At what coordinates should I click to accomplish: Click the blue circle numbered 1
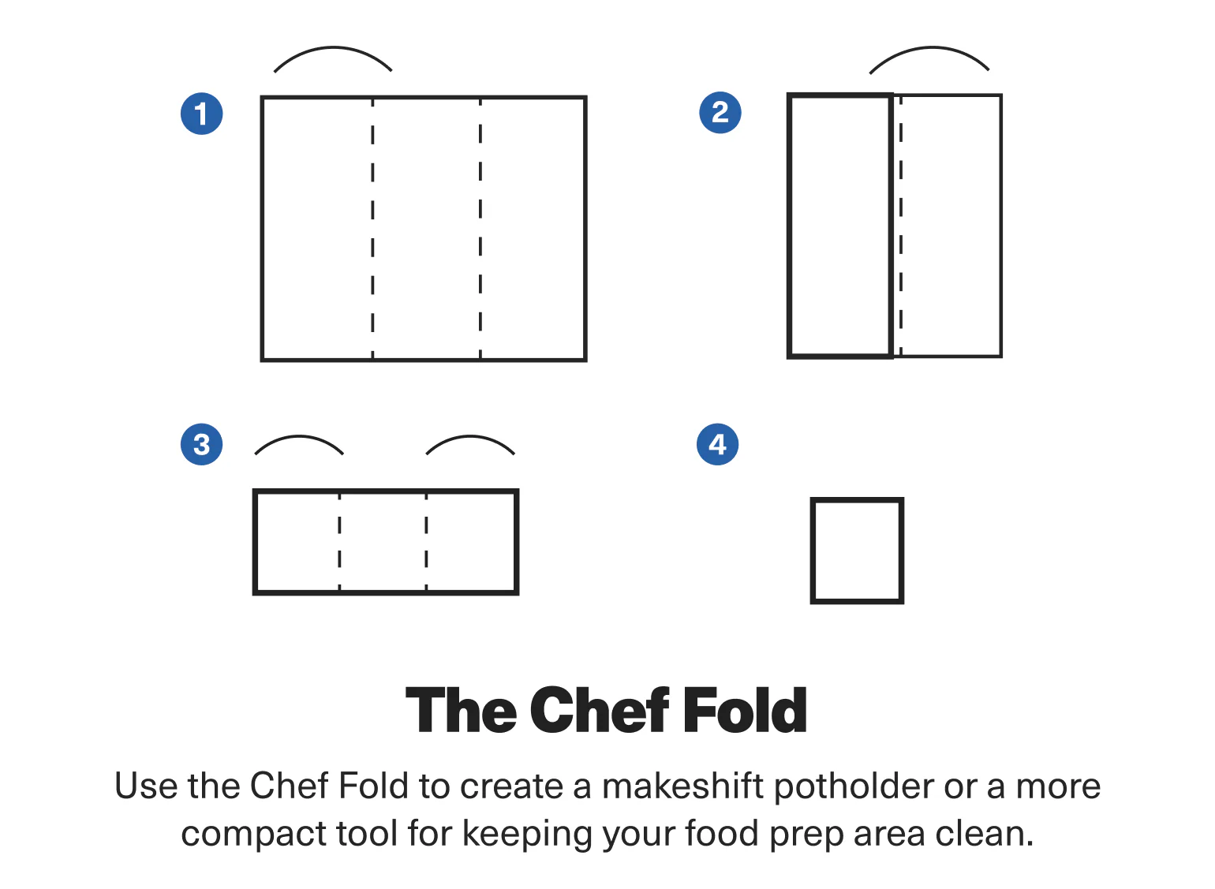(x=202, y=114)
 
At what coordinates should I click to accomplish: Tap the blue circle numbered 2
(x=720, y=112)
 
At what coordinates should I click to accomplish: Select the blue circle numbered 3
(x=202, y=444)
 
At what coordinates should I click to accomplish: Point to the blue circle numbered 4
(x=718, y=444)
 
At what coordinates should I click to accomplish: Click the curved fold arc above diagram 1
(x=333, y=48)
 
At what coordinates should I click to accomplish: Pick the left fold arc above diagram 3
(x=299, y=436)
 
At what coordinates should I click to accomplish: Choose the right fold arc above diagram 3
(x=470, y=436)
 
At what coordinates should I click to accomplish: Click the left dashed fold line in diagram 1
(x=372, y=229)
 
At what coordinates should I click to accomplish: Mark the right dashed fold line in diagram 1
(x=480, y=229)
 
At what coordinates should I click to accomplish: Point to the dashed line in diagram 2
(x=901, y=226)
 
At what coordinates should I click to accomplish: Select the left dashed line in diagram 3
(x=339, y=542)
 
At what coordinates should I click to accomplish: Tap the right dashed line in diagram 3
(x=426, y=542)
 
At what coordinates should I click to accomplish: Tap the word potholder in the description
(x=854, y=787)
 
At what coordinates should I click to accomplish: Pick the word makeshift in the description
(x=683, y=786)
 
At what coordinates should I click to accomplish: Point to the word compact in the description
(x=254, y=835)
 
